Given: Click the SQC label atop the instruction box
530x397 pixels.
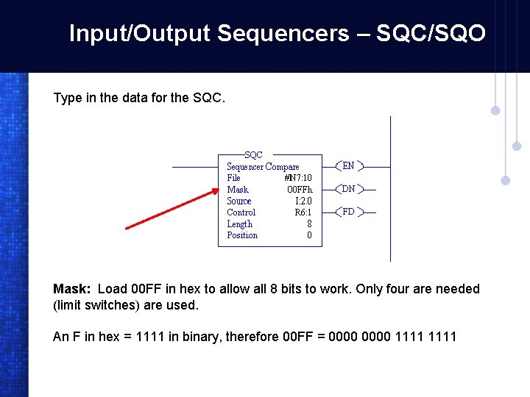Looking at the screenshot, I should [253, 155].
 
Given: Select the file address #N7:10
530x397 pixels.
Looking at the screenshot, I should [297, 178].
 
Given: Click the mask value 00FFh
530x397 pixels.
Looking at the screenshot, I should [300, 190].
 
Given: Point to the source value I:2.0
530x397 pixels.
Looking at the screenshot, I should [303, 201].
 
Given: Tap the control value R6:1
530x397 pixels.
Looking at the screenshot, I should [303, 212].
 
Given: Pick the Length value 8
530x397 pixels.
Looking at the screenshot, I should [309, 224].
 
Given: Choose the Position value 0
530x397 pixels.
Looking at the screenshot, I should [309, 235].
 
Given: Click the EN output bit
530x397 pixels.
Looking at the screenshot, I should [348, 166].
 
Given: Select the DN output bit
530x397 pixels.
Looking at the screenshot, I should [348, 189].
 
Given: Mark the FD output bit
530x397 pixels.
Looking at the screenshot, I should [348, 212].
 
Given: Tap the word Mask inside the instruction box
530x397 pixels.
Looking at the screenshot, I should [238, 190].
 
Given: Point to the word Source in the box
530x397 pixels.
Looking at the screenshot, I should [239, 201].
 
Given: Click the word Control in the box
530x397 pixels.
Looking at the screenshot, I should [241, 212].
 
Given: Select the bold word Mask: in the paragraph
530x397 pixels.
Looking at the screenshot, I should [71, 289].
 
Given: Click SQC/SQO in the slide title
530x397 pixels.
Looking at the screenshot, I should [431, 33].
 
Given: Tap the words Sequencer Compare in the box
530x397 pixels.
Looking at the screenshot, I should [263, 167].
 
